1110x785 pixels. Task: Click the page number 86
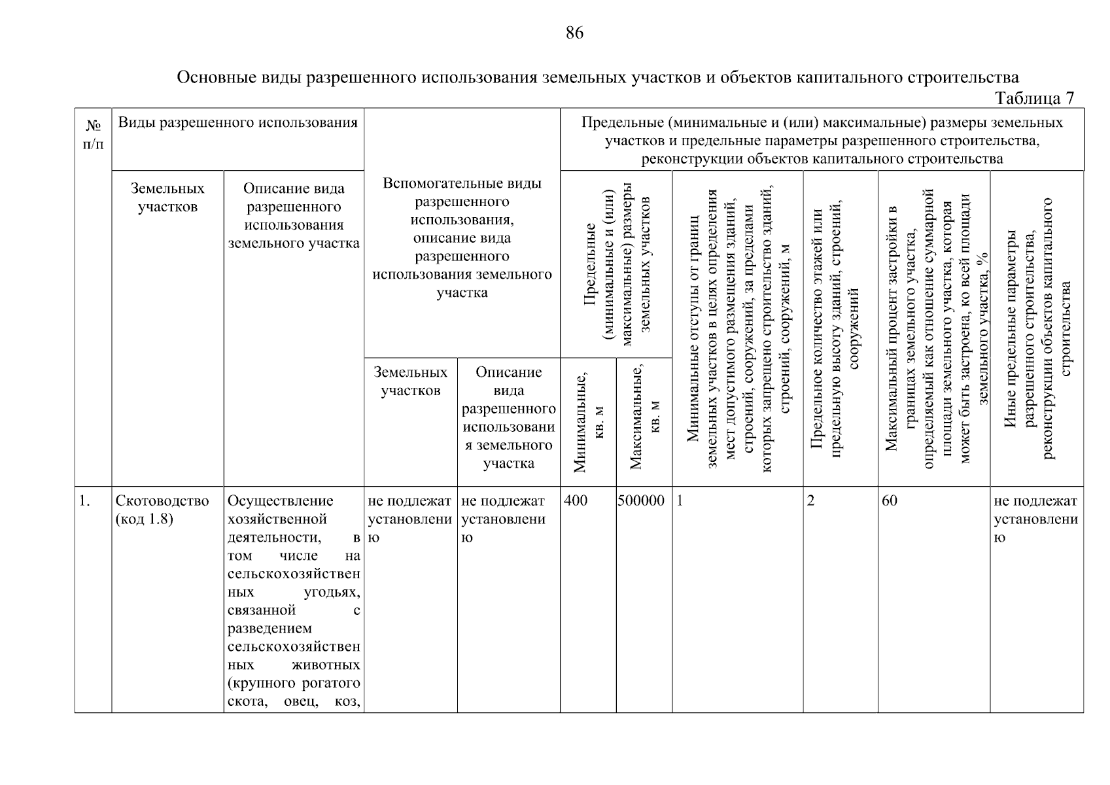(x=574, y=33)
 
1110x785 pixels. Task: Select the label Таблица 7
(x=1034, y=98)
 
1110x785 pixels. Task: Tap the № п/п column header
(x=93, y=133)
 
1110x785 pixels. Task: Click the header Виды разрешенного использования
(x=237, y=122)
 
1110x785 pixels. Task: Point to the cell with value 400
(x=576, y=501)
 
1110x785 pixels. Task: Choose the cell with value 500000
(x=641, y=501)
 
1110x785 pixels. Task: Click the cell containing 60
(x=890, y=501)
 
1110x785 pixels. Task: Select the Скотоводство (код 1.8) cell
(x=162, y=510)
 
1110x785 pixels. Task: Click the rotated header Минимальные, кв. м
(x=588, y=421)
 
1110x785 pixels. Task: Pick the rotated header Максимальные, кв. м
(x=644, y=421)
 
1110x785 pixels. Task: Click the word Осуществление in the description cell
(x=280, y=501)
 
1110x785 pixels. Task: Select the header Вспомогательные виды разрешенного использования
(x=462, y=237)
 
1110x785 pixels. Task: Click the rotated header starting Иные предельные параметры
(x=1037, y=327)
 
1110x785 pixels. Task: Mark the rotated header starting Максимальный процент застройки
(x=934, y=327)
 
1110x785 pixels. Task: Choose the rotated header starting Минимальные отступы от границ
(x=738, y=327)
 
